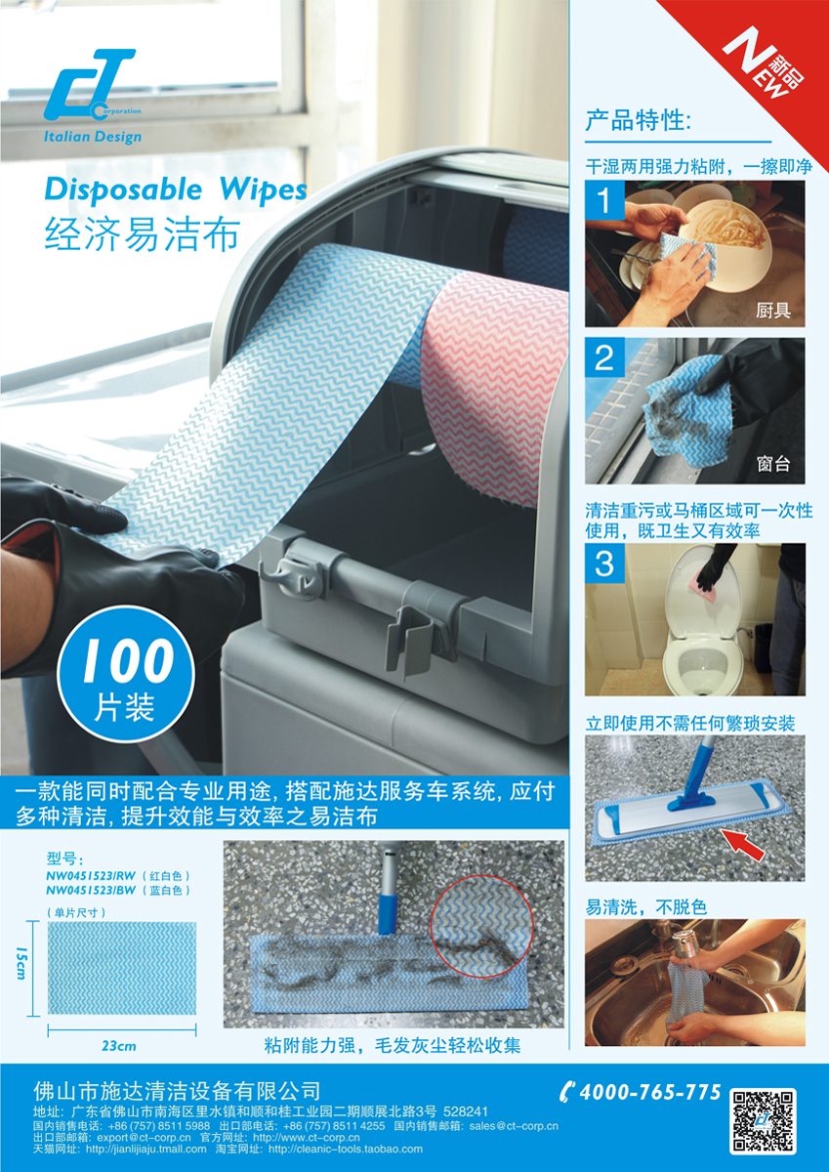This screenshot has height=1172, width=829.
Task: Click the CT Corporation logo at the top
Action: [93, 97]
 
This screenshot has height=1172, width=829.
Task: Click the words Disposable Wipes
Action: [176, 190]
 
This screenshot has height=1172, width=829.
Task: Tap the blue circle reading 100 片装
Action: [126, 676]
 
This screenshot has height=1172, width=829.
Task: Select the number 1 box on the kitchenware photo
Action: [604, 200]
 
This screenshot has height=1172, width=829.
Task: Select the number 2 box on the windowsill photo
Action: [604, 357]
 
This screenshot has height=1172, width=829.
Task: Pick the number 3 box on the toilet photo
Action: [604, 564]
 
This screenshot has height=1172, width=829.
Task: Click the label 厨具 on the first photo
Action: [773, 311]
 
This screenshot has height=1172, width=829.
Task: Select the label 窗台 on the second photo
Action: [773, 464]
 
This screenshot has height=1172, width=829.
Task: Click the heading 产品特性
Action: [638, 121]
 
